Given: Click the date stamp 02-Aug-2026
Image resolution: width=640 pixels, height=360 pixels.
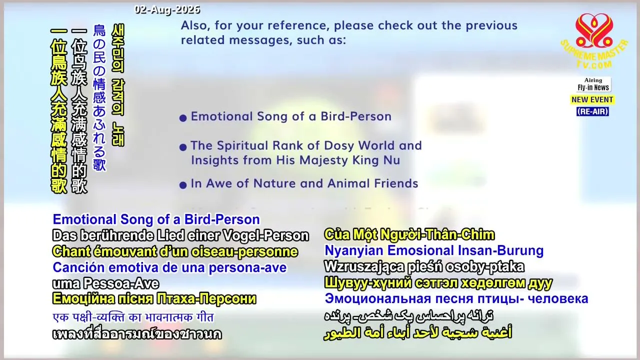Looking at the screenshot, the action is [x=167, y=9].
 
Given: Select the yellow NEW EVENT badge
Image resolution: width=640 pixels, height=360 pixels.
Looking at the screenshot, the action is [x=592, y=99].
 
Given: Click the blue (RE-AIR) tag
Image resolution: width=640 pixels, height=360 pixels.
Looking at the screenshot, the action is [x=592, y=111].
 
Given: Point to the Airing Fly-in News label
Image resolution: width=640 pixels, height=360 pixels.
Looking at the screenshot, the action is [x=593, y=84].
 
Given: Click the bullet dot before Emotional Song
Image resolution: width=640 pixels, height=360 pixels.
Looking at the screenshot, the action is [x=183, y=117].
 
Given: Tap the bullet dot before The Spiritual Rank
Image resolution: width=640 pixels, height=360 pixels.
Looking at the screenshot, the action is [x=183, y=147].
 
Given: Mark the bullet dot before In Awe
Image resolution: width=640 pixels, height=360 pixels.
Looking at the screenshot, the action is [x=183, y=185].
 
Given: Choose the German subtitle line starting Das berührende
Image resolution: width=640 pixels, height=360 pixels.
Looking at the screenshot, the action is [x=180, y=235].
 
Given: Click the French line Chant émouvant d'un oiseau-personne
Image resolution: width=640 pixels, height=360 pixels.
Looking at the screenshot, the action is [x=175, y=251].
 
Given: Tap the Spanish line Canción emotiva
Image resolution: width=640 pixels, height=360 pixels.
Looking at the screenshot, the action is [x=169, y=267].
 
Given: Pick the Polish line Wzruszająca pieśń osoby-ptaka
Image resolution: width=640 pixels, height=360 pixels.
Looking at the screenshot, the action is [x=424, y=266].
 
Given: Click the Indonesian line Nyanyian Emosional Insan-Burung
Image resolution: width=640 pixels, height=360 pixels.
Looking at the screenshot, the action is [x=434, y=250].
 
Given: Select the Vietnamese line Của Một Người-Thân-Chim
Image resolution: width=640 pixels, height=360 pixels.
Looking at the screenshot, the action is [x=409, y=234].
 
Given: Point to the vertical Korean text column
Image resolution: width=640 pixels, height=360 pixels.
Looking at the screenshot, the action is [x=118, y=85].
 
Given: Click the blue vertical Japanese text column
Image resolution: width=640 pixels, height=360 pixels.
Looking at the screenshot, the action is [x=99, y=97].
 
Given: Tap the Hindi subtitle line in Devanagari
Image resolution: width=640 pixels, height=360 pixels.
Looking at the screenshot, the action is [x=133, y=317].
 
